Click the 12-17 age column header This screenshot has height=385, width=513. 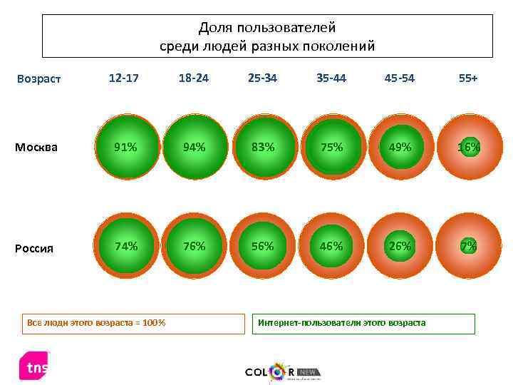pos(124,78)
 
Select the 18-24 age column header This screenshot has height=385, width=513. pos(194,78)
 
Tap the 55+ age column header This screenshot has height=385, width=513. pos(468,78)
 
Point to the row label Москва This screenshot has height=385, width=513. pos(36,148)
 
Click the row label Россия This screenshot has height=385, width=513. pos(35,248)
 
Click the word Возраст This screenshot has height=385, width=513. pos(40,79)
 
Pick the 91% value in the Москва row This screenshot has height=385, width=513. pos(126,147)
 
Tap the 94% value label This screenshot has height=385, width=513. pos(194,147)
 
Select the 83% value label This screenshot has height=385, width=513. pos(262,147)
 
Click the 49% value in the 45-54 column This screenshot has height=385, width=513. pos(400,147)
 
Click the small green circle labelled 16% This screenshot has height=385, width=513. pos(468,147)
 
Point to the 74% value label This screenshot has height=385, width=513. pos(126,246)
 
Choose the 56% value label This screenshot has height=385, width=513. pos(262,246)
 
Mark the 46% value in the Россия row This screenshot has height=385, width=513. pos(331,246)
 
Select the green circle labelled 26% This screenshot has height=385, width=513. pos(400,246)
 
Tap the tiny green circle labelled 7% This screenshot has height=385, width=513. pos(468,246)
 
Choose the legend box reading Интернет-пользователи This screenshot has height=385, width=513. pos(363,323)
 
